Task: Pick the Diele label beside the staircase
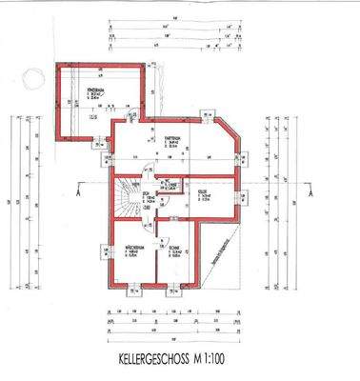pyautogui.click(x=150, y=197)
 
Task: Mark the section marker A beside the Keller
pyautogui.click(x=310, y=192)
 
